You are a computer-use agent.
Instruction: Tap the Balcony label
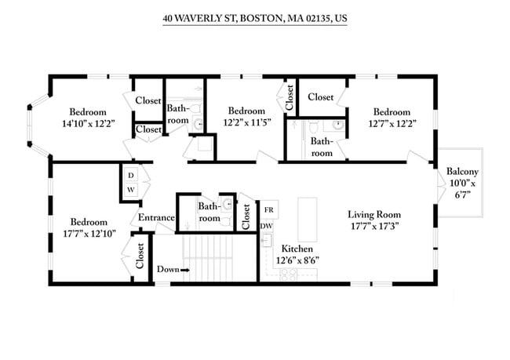coord(462,172)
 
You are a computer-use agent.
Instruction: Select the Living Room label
coord(374,214)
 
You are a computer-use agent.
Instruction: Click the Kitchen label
coord(296,247)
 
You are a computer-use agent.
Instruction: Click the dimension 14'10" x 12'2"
coord(88,123)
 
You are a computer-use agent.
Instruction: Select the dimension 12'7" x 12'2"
coord(392,123)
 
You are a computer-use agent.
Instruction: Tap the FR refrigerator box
coord(268,209)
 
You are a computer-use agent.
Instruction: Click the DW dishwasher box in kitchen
coord(267,226)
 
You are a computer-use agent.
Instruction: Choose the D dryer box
coord(130,174)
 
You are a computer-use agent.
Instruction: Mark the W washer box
coord(130,190)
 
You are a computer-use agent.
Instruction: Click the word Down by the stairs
coord(167,269)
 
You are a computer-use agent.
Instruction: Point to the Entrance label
coord(156,217)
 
